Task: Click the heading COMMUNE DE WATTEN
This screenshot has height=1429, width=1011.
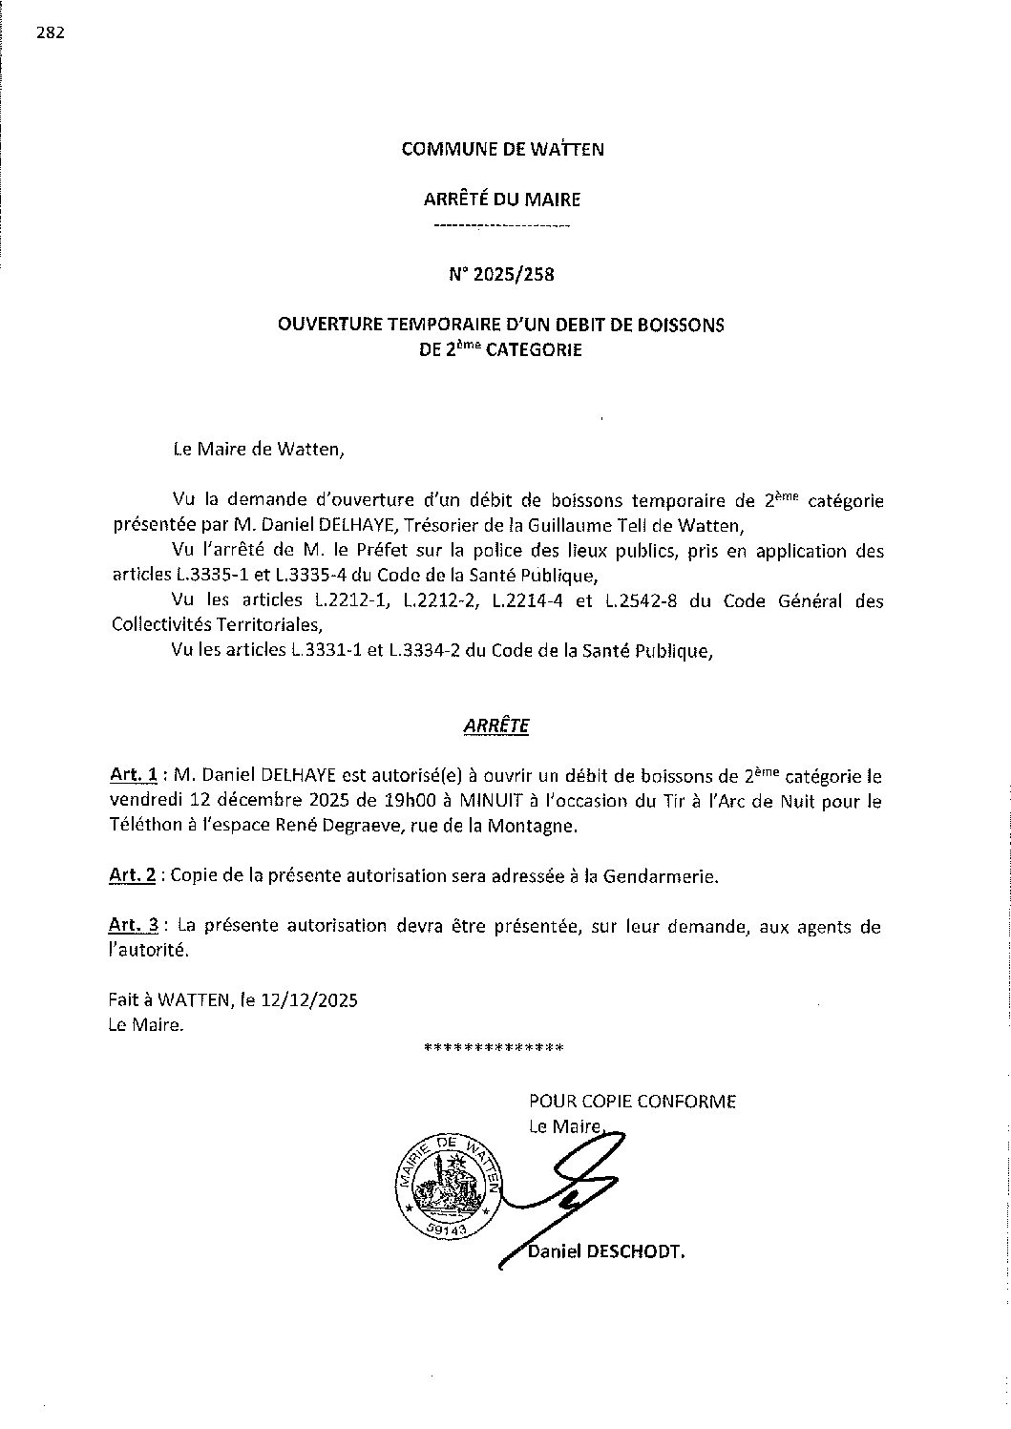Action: tap(502, 149)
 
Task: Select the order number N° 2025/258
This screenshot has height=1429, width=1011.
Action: tap(501, 275)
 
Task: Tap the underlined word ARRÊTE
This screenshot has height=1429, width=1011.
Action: tap(495, 726)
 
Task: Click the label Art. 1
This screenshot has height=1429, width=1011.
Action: tap(131, 777)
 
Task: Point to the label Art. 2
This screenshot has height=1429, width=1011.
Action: tap(131, 875)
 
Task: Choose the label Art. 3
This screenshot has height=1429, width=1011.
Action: tap(131, 926)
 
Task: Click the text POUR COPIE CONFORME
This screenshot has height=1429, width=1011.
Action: tap(632, 1102)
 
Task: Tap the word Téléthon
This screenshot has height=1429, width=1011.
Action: tap(140, 827)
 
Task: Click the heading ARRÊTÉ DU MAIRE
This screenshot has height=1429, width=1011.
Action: tap(501, 200)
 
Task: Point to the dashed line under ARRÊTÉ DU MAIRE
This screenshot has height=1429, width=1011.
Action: tap(501, 227)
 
